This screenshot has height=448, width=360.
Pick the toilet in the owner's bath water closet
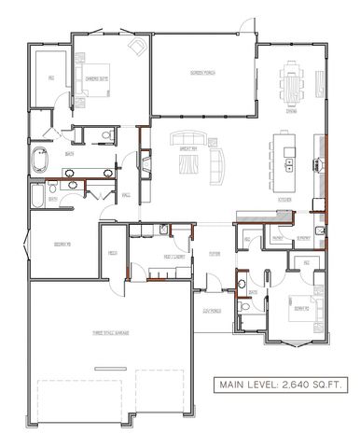coord(107,136)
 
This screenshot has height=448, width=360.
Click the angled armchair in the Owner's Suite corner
coord(137,47)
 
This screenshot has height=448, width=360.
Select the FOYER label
coord(215,252)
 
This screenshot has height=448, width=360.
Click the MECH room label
coord(112,253)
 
